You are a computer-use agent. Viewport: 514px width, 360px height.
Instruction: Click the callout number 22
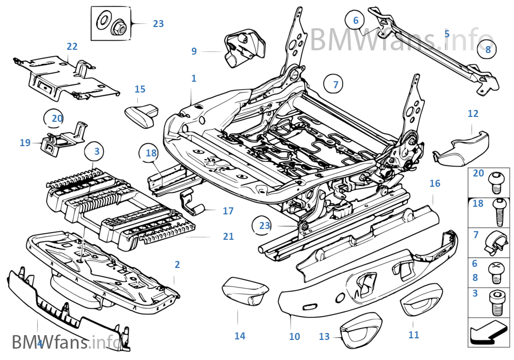pos(72,47)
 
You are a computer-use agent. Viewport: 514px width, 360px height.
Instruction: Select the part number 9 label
pos(194,51)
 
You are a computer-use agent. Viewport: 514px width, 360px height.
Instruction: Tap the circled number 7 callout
pos(335,84)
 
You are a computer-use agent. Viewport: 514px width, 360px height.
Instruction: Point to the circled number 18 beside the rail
pos(150,153)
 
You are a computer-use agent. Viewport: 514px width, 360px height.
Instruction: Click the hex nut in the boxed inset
pos(118,25)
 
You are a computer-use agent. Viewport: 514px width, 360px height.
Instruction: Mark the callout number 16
pos(435,184)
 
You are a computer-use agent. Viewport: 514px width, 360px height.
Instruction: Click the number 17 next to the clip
pos(228,211)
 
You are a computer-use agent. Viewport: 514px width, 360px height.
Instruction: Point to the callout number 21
pos(228,237)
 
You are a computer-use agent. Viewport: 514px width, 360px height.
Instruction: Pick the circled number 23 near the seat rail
pos(264,225)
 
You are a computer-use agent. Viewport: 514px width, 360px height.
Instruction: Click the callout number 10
pos(294,336)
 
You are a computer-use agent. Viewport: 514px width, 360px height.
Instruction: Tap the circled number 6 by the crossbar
pos(355,21)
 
